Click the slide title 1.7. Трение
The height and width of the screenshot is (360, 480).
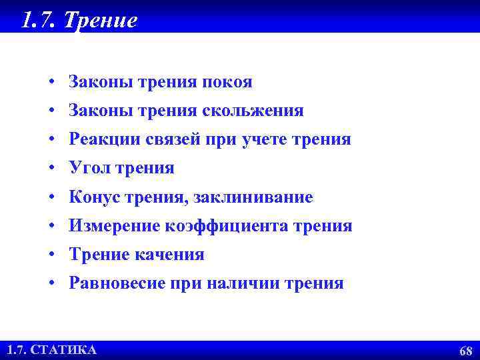pos(79,19)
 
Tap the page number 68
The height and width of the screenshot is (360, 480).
pos(465,351)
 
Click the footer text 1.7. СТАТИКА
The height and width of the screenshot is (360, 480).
pos(51,349)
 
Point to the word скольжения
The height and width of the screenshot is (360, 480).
pos(263,111)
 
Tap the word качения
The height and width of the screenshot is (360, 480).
pos(173,255)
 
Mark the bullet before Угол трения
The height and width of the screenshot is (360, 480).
pos(51,169)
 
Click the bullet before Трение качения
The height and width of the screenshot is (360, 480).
pos(51,255)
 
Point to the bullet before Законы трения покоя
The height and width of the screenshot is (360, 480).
pos(51,83)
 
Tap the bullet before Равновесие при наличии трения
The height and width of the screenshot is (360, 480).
pos(51,284)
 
